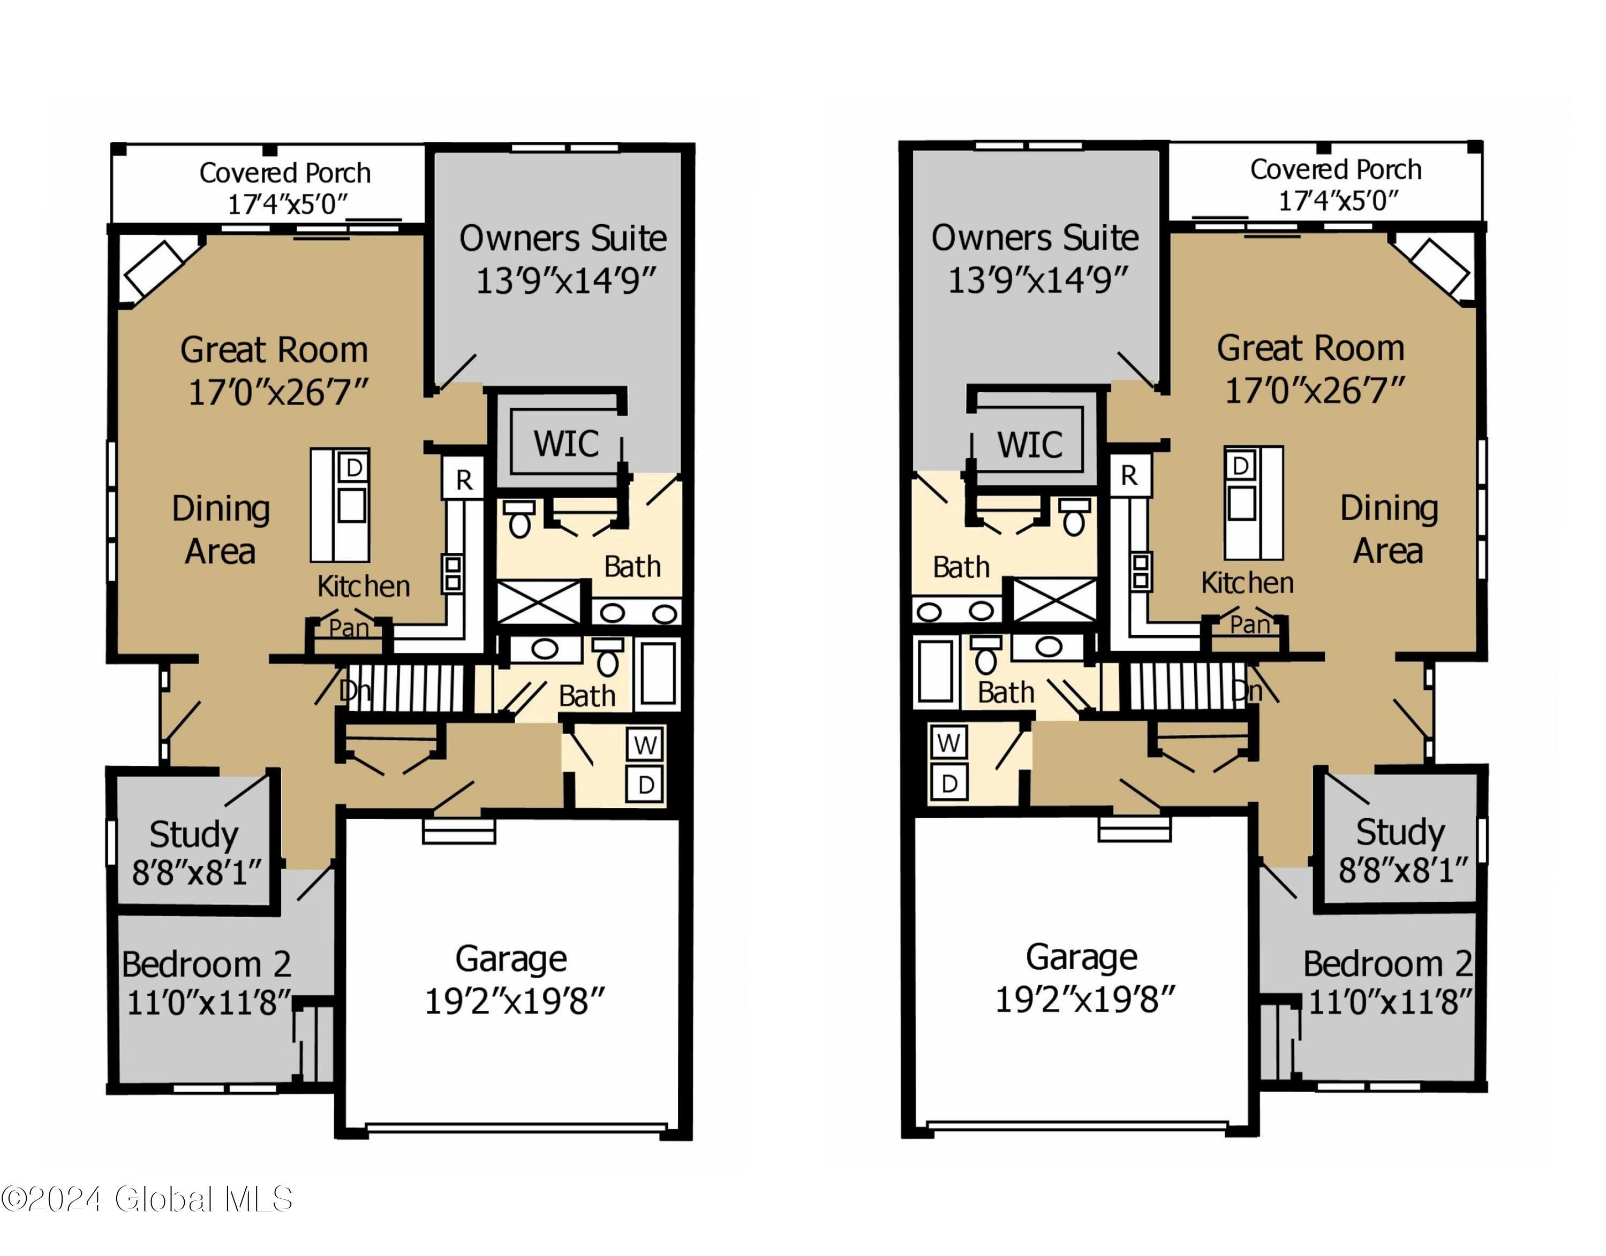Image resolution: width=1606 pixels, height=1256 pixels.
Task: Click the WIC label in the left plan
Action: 565,444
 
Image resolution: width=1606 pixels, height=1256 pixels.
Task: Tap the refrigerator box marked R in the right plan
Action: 1128,476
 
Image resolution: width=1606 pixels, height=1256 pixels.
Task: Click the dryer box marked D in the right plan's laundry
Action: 949,784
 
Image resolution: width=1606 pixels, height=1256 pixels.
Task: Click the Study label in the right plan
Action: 1400,832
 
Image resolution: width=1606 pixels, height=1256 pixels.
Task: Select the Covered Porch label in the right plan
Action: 1335,170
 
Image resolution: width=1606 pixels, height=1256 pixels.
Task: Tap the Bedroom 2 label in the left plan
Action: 207,964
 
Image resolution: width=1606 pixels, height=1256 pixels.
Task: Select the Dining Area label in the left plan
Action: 221,529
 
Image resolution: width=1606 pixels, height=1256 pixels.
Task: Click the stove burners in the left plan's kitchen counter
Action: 453,574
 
